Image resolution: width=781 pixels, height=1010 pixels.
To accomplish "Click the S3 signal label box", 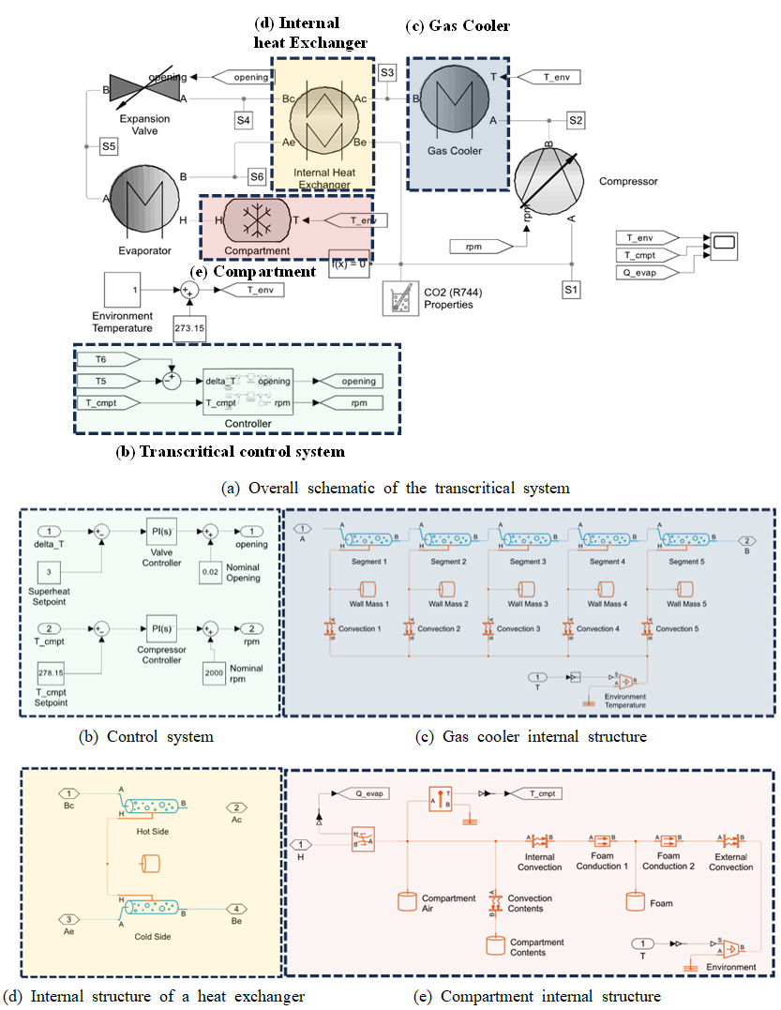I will (388, 72).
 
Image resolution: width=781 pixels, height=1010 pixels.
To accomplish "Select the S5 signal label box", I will (110, 145).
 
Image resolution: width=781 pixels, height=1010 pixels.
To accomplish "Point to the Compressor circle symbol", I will (552, 179).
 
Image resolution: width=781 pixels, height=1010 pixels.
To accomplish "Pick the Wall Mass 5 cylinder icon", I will (685, 587).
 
